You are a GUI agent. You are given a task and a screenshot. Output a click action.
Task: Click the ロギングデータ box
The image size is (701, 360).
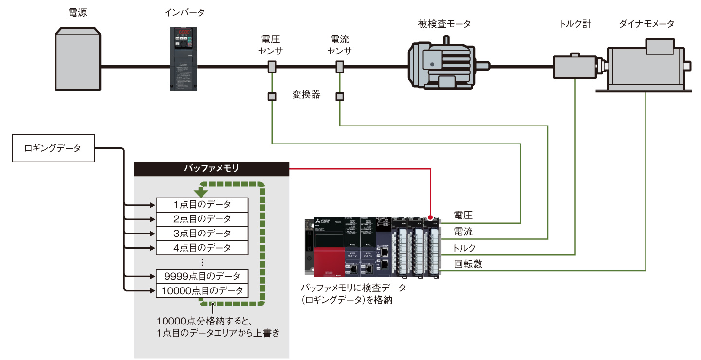53,148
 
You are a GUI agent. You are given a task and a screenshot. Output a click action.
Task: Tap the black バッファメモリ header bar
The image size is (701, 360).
211,169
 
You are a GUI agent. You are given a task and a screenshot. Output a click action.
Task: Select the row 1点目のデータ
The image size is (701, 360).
202,204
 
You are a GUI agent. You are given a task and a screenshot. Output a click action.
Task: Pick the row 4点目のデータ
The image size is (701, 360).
202,248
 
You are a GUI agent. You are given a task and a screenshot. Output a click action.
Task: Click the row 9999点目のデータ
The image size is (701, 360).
202,276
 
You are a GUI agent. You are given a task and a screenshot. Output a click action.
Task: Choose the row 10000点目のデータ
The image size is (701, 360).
202,291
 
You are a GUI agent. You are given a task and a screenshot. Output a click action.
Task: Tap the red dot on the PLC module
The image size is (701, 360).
431,217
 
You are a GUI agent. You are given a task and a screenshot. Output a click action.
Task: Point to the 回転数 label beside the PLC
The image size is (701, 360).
468,264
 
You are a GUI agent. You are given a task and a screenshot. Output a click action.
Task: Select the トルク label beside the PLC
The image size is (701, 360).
464,248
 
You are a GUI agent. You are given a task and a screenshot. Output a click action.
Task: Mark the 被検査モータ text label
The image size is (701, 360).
444,23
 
